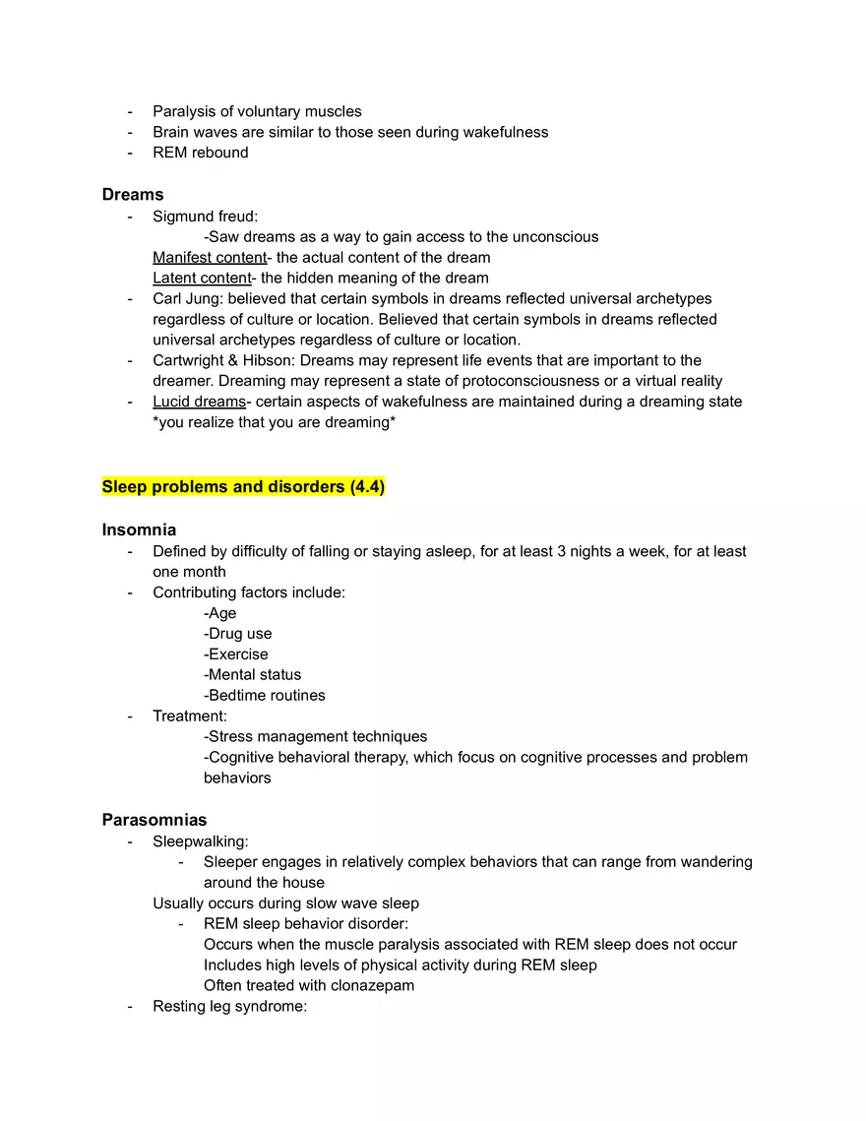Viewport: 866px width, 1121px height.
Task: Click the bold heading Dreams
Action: point(133,195)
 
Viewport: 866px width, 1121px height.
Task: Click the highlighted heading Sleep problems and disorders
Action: point(224,487)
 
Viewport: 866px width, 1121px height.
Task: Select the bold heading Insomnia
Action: point(139,529)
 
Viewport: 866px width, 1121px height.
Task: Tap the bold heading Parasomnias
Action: point(155,820)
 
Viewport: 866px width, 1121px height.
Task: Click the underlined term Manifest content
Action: point(210,258)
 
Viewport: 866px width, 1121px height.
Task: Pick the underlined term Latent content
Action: point(202,279)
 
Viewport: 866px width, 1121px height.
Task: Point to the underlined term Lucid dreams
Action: point(199,402)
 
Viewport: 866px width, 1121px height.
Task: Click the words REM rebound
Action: point(201,153)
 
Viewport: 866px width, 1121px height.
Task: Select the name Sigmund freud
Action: point(206,217)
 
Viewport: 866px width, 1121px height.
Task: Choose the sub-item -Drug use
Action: point(238,634)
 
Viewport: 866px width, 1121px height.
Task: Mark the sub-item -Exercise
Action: point(236,654)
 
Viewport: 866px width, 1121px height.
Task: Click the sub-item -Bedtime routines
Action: point(265,695)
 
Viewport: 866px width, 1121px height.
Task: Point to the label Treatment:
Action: point(190,716)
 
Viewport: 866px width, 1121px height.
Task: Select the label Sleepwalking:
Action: point(201,841)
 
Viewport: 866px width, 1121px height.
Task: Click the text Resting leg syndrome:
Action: point(230,1006)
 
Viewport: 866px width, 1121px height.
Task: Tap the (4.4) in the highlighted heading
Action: point(367,487)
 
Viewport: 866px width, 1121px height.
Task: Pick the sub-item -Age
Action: point(220,613)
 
